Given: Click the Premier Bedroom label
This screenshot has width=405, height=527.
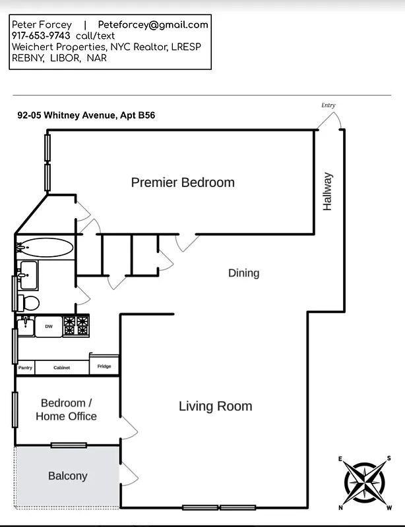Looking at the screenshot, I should [x=183, y=182].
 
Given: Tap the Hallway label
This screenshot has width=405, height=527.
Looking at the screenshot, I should [x=328, y=192].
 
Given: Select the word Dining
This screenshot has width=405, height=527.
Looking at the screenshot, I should [x=243, y=273].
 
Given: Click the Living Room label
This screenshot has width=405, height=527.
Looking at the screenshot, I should [x=215, y=406].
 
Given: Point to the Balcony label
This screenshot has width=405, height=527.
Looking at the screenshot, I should [x=67, y=476].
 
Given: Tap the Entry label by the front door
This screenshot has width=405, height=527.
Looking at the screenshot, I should [x=328, y=105].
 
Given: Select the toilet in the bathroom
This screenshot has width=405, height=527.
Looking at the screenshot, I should [x=29, y=303].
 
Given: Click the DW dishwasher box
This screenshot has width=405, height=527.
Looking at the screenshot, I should [x=49, y=326].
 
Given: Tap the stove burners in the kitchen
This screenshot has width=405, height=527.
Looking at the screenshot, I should [x=77, y=325].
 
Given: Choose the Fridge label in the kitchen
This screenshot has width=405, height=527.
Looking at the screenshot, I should [x=104, y=366].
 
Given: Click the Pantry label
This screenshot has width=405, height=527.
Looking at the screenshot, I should [x=25, y=368].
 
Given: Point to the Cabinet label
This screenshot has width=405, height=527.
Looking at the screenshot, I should [x=61, y=368].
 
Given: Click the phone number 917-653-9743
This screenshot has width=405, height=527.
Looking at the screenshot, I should [x=41, y=36].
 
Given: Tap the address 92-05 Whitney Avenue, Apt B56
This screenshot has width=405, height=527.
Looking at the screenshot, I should [x=86, y=115].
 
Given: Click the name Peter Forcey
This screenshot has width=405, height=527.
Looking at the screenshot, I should [x=42, y=24].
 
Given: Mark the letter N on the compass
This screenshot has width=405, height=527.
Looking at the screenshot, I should [x=341, y=507].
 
